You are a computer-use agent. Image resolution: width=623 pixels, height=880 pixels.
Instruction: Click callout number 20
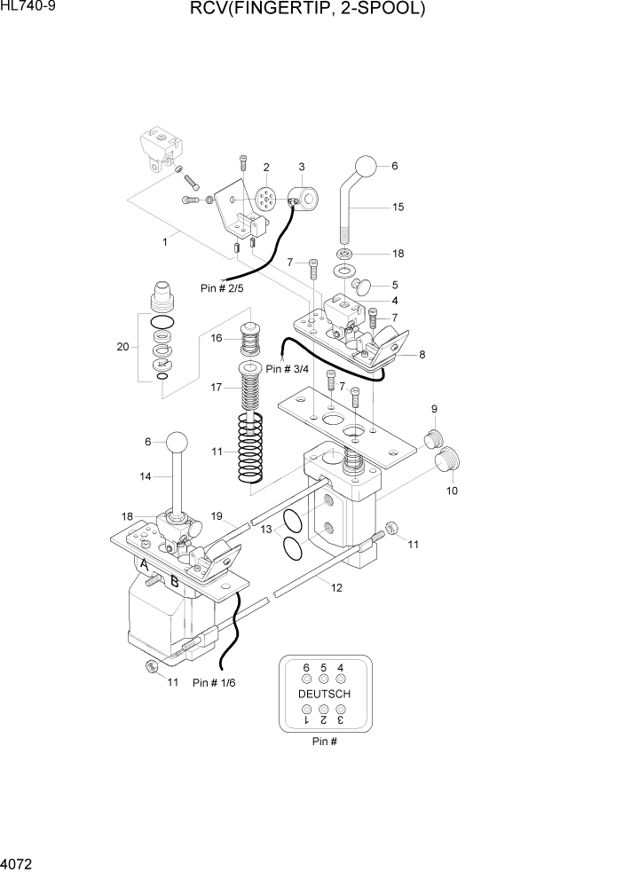click(123, 347)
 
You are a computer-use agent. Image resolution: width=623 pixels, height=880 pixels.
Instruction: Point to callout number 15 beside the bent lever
click(398, 207)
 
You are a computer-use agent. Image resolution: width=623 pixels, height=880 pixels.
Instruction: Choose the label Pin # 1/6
click(215, 682)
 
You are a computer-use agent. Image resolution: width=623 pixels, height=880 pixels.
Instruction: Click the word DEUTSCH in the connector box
click(324, 693)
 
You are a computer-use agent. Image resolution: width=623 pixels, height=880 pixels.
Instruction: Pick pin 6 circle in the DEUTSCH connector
click(307, 679)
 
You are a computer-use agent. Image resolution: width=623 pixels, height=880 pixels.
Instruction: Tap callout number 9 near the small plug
click(434, 409)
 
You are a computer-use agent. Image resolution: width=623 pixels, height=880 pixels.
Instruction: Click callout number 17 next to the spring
click(216, 387)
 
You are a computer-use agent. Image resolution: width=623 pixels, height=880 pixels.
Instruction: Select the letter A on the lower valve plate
click(143, 564)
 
